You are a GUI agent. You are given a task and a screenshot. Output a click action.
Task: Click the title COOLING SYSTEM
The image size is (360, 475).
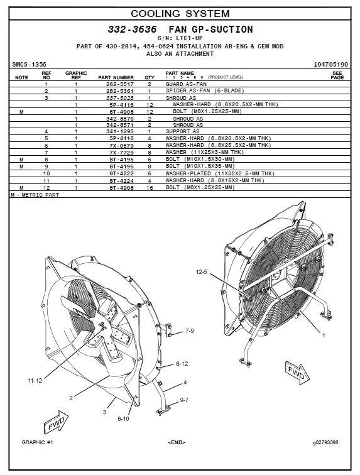click(180, 14)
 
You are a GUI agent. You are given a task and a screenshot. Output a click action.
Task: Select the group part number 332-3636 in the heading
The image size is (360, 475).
click(132, 30)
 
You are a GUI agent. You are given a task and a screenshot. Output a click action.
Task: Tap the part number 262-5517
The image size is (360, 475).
click(120, 84)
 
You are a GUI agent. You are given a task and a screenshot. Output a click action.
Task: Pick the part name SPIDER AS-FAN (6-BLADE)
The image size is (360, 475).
click(205, 90)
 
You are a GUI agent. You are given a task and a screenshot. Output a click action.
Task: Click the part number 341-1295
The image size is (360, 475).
click(120, 131)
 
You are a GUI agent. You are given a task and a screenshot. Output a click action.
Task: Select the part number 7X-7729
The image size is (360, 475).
click(121, 153)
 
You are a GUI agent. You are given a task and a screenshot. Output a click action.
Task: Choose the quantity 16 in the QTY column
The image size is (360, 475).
click(150, 188)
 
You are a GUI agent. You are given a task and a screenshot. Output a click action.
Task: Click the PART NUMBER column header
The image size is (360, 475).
click(116, 77)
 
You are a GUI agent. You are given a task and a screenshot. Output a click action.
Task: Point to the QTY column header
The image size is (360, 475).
click(150, 77)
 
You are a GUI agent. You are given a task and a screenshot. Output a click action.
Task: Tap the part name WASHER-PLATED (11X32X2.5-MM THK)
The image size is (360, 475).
click(220, 173)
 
